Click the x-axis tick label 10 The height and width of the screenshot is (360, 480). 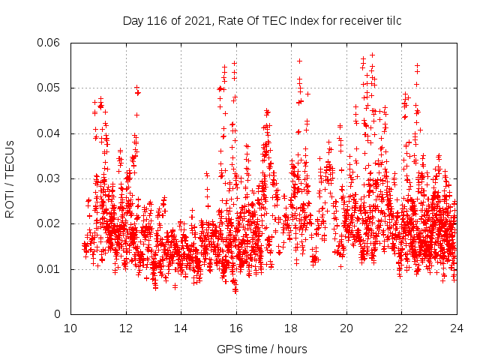click(70, 328)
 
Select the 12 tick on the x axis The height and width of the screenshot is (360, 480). click(126, 328)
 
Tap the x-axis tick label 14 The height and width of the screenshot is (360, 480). click(181, 328)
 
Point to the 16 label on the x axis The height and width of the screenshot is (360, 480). click(236, 328)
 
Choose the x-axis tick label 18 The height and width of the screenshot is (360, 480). click(291, 328)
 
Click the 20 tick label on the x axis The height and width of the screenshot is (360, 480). click(346, 328)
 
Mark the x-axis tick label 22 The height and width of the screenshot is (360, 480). click(401, 328)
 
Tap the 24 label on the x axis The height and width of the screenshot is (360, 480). click(456, 328)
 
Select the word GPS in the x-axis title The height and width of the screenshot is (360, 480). click(227, 349)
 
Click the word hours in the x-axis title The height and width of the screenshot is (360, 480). click(291, 349)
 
